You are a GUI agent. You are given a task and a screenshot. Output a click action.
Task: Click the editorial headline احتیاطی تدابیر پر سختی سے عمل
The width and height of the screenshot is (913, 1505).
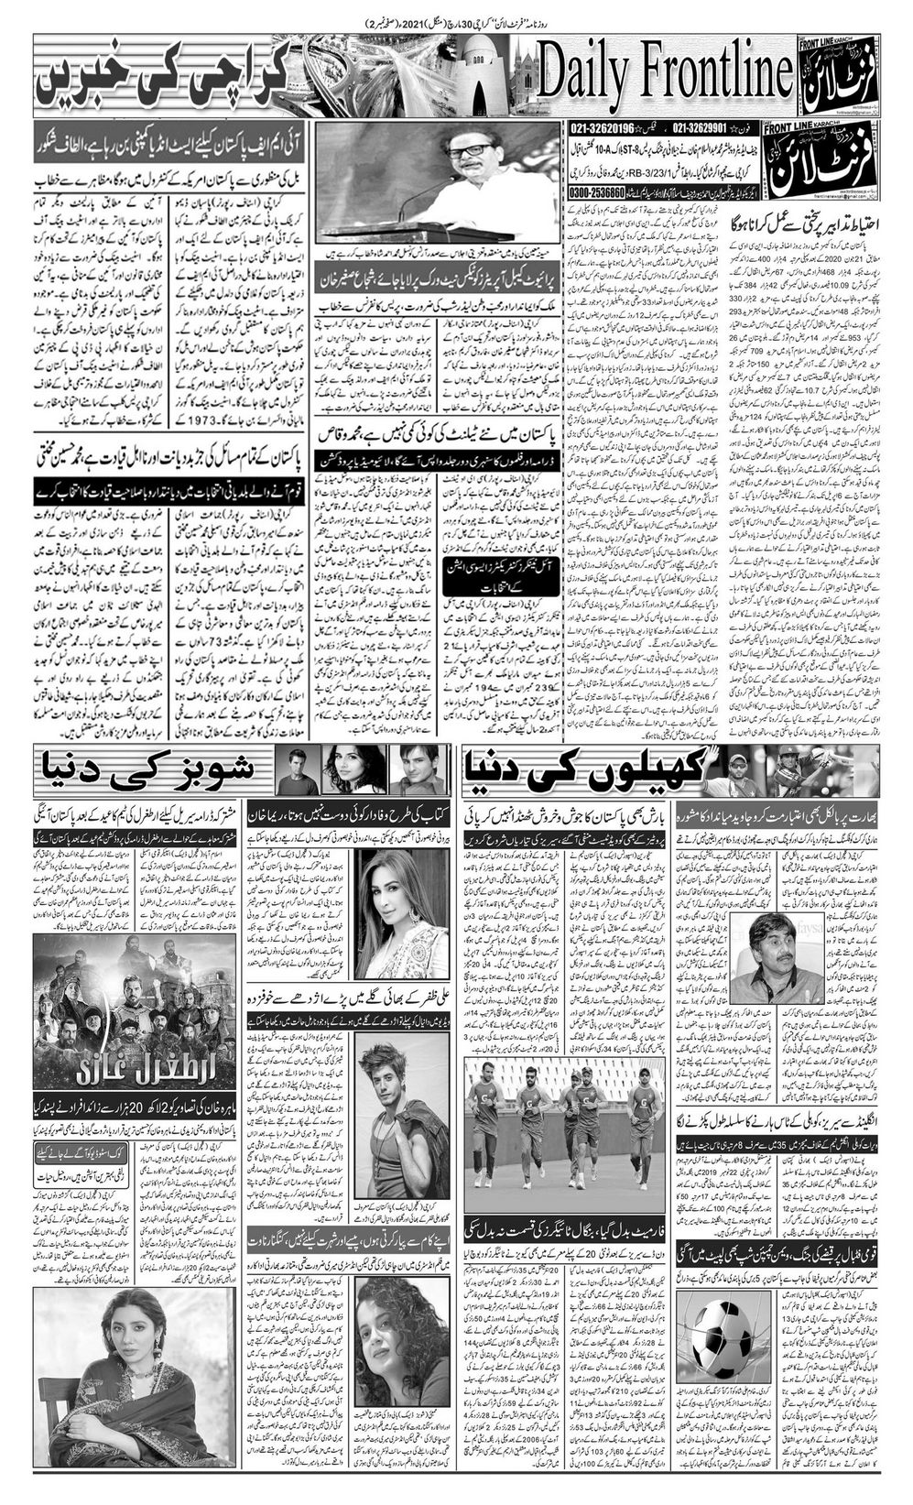[x=806, y=223]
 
